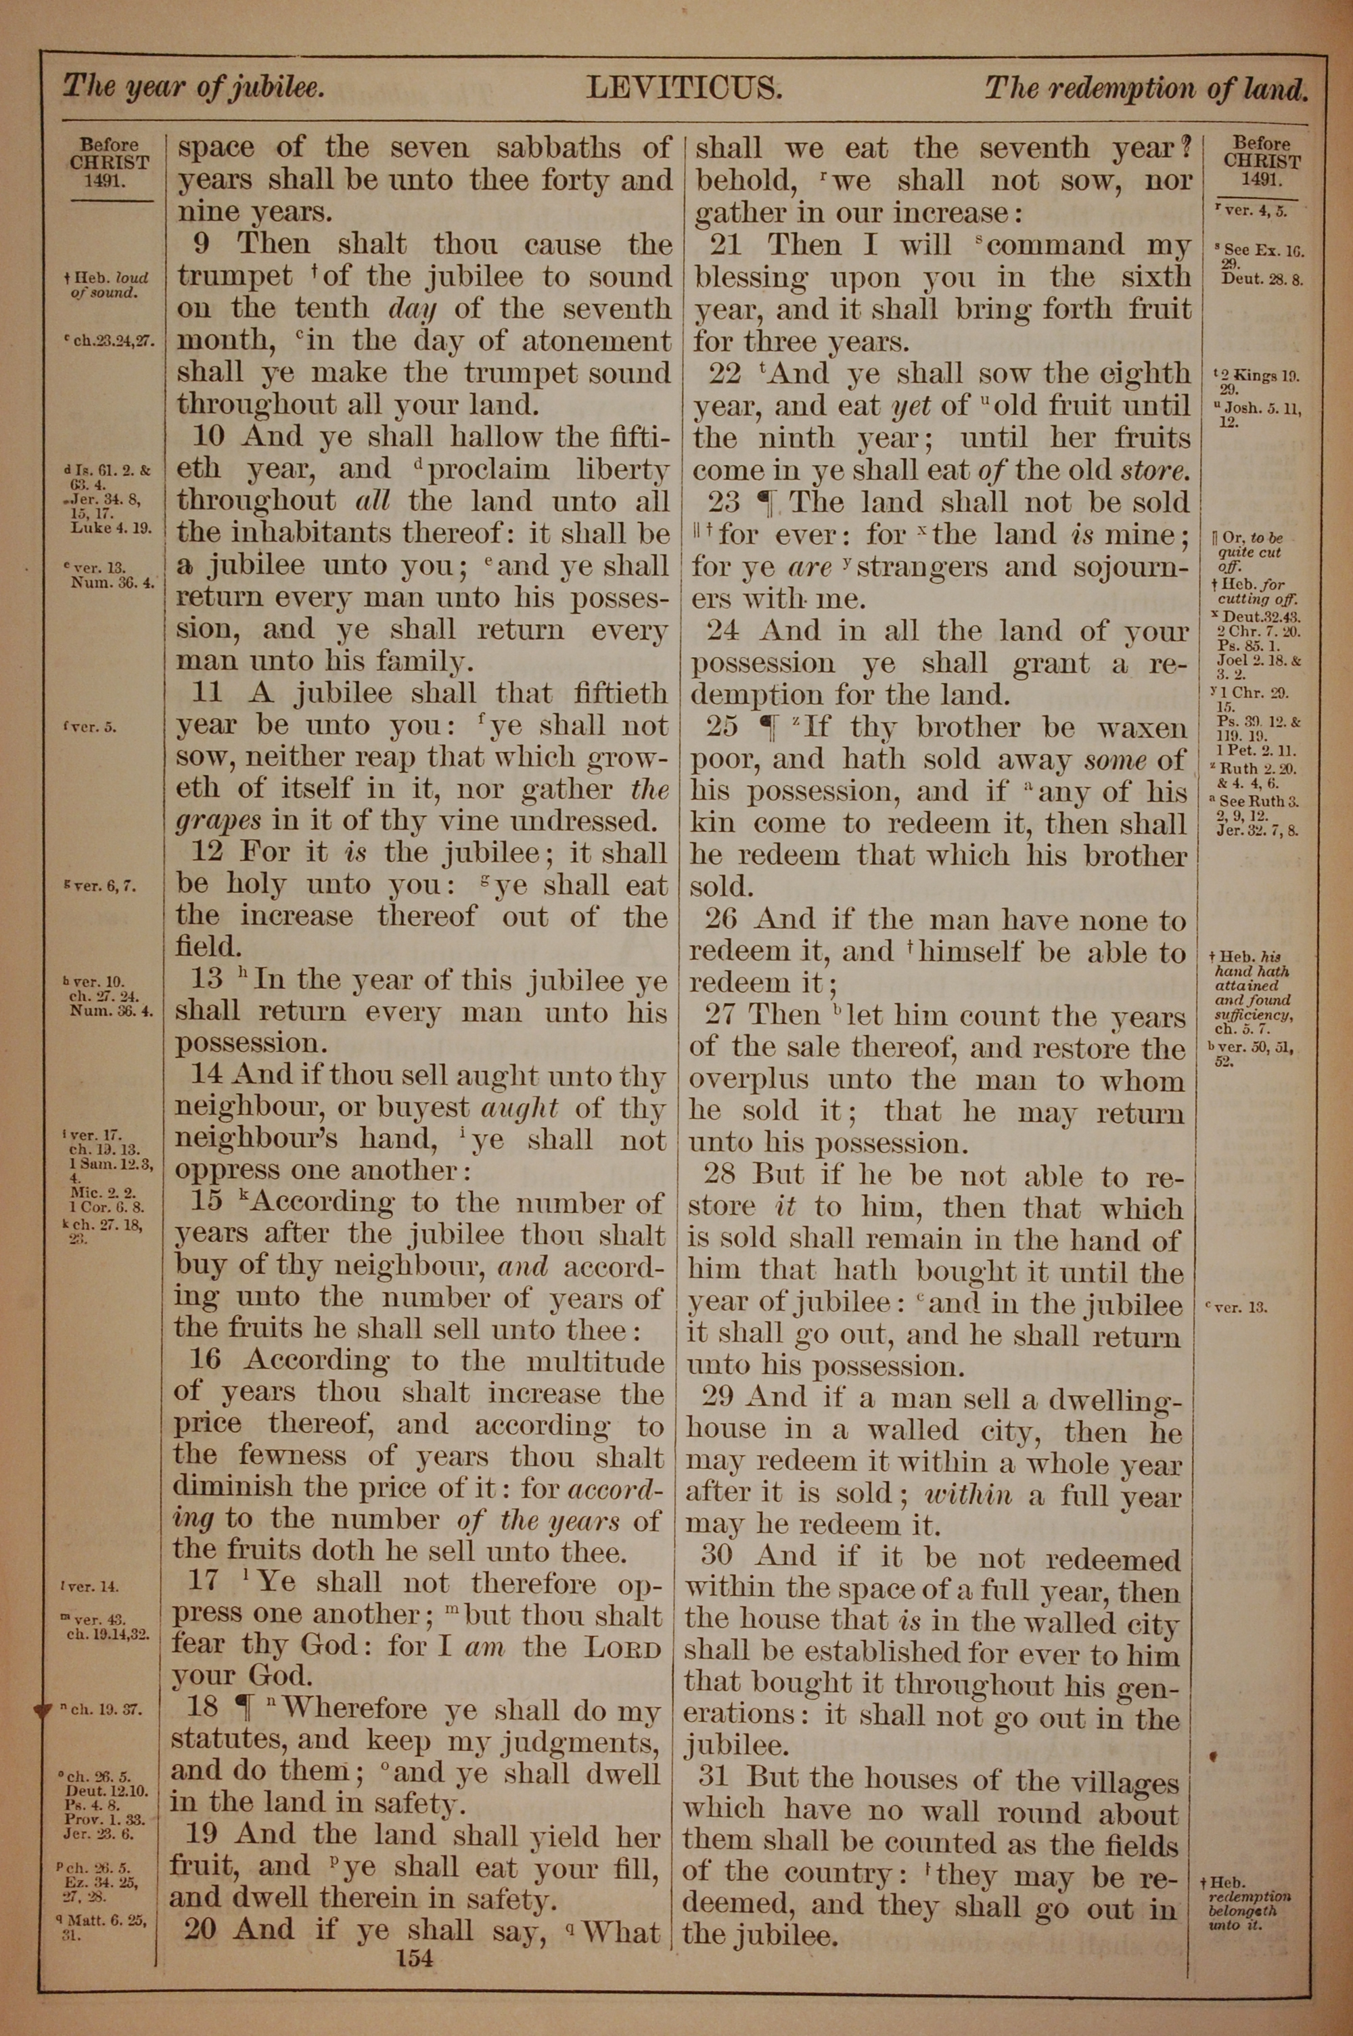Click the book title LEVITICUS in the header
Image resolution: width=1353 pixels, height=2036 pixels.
[x=683, y=88]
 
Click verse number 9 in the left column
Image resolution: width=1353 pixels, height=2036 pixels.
[x=200, y=244]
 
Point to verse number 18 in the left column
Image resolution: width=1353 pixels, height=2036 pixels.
[x=203, y=1710]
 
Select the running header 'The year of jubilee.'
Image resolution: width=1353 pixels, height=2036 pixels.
[x=194, y=87]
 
